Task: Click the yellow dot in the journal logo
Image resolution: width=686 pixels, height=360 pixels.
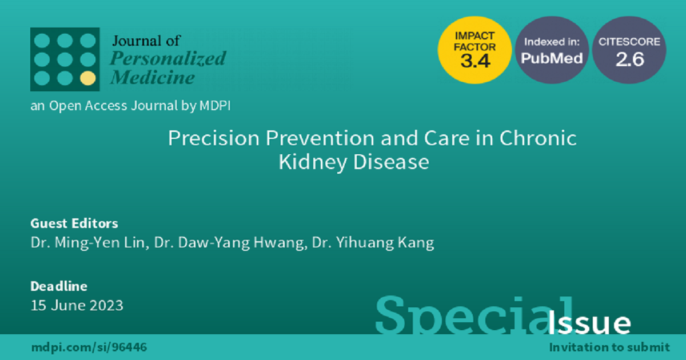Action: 88,78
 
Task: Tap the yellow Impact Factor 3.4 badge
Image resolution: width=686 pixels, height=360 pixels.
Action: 474,50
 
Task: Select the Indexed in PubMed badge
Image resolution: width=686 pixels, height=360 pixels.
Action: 552,50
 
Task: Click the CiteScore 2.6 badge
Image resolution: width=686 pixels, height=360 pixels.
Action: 629,50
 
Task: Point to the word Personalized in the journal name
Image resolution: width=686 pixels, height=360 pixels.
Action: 168,59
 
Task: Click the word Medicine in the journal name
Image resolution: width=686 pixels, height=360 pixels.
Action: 153,77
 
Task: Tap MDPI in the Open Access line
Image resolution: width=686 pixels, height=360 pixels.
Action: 215,106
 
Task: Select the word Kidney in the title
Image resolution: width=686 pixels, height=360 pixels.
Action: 312,162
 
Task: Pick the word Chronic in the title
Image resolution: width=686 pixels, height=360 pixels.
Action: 538,138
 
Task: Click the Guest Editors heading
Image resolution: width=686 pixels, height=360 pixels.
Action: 74,223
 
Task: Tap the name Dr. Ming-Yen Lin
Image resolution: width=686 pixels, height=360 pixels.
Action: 90,243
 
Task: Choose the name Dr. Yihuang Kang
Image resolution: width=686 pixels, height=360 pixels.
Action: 373,243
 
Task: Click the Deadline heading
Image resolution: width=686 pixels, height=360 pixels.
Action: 59,286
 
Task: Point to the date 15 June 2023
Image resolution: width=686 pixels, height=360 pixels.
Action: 77,305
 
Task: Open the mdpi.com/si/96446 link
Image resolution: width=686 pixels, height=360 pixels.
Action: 89,347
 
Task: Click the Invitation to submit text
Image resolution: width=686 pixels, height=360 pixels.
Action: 609,347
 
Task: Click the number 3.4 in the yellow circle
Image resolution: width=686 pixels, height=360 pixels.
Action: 475,61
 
